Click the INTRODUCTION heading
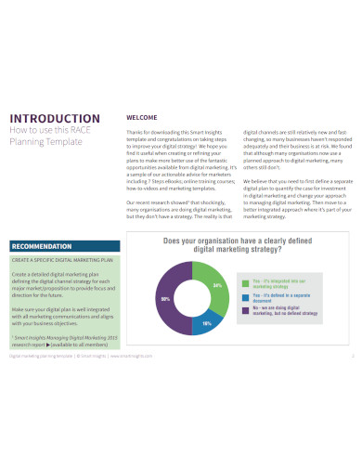click(54, 118)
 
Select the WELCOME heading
click(141, 117)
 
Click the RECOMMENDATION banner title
click(43, 246)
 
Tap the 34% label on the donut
click(216, 285)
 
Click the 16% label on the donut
click(206, 322)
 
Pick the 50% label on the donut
click(165, 300)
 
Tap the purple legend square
click(243, 309)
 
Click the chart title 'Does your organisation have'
click(236, 241)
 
